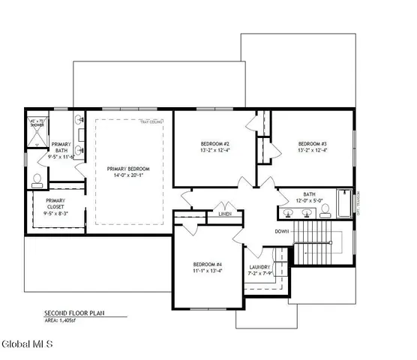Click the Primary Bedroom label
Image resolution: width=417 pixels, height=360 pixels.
point(127,169)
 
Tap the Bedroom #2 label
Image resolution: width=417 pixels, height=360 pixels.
point(214,143)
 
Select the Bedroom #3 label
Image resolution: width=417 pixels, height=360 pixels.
point(312,143)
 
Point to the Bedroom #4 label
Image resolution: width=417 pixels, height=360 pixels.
point(207,265)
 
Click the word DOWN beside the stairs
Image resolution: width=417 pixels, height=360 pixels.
point(283,231)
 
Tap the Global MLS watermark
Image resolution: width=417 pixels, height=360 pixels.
point(26,346)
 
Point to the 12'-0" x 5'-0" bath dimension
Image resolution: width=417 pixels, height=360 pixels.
point(310,201)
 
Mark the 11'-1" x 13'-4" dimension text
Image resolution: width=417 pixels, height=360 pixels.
point(207,272)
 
